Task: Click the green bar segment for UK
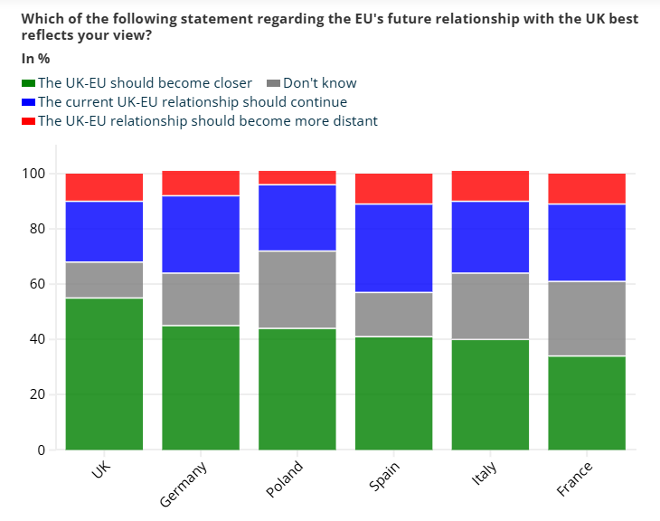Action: pos(104,374)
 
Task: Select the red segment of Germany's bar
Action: pos(201,183)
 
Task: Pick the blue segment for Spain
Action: pos(393,248)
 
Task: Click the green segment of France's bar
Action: pos(587,403)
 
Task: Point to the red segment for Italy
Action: pos(490,185)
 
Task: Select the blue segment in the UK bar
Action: pos(104,232)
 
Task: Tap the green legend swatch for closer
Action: pos(28,84)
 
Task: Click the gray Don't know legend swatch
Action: pos(275,84)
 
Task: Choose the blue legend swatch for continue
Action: pos(28,102)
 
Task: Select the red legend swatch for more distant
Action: pos(28,121)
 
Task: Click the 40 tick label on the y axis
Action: pos(37,339)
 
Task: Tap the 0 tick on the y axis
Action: pos(41,450)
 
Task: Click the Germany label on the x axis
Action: pos(184,484)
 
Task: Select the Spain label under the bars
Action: pos(384,477)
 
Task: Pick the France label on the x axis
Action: pos(574,479)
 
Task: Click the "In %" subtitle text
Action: pos(35,59)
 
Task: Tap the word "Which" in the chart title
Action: pos(42,18)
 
